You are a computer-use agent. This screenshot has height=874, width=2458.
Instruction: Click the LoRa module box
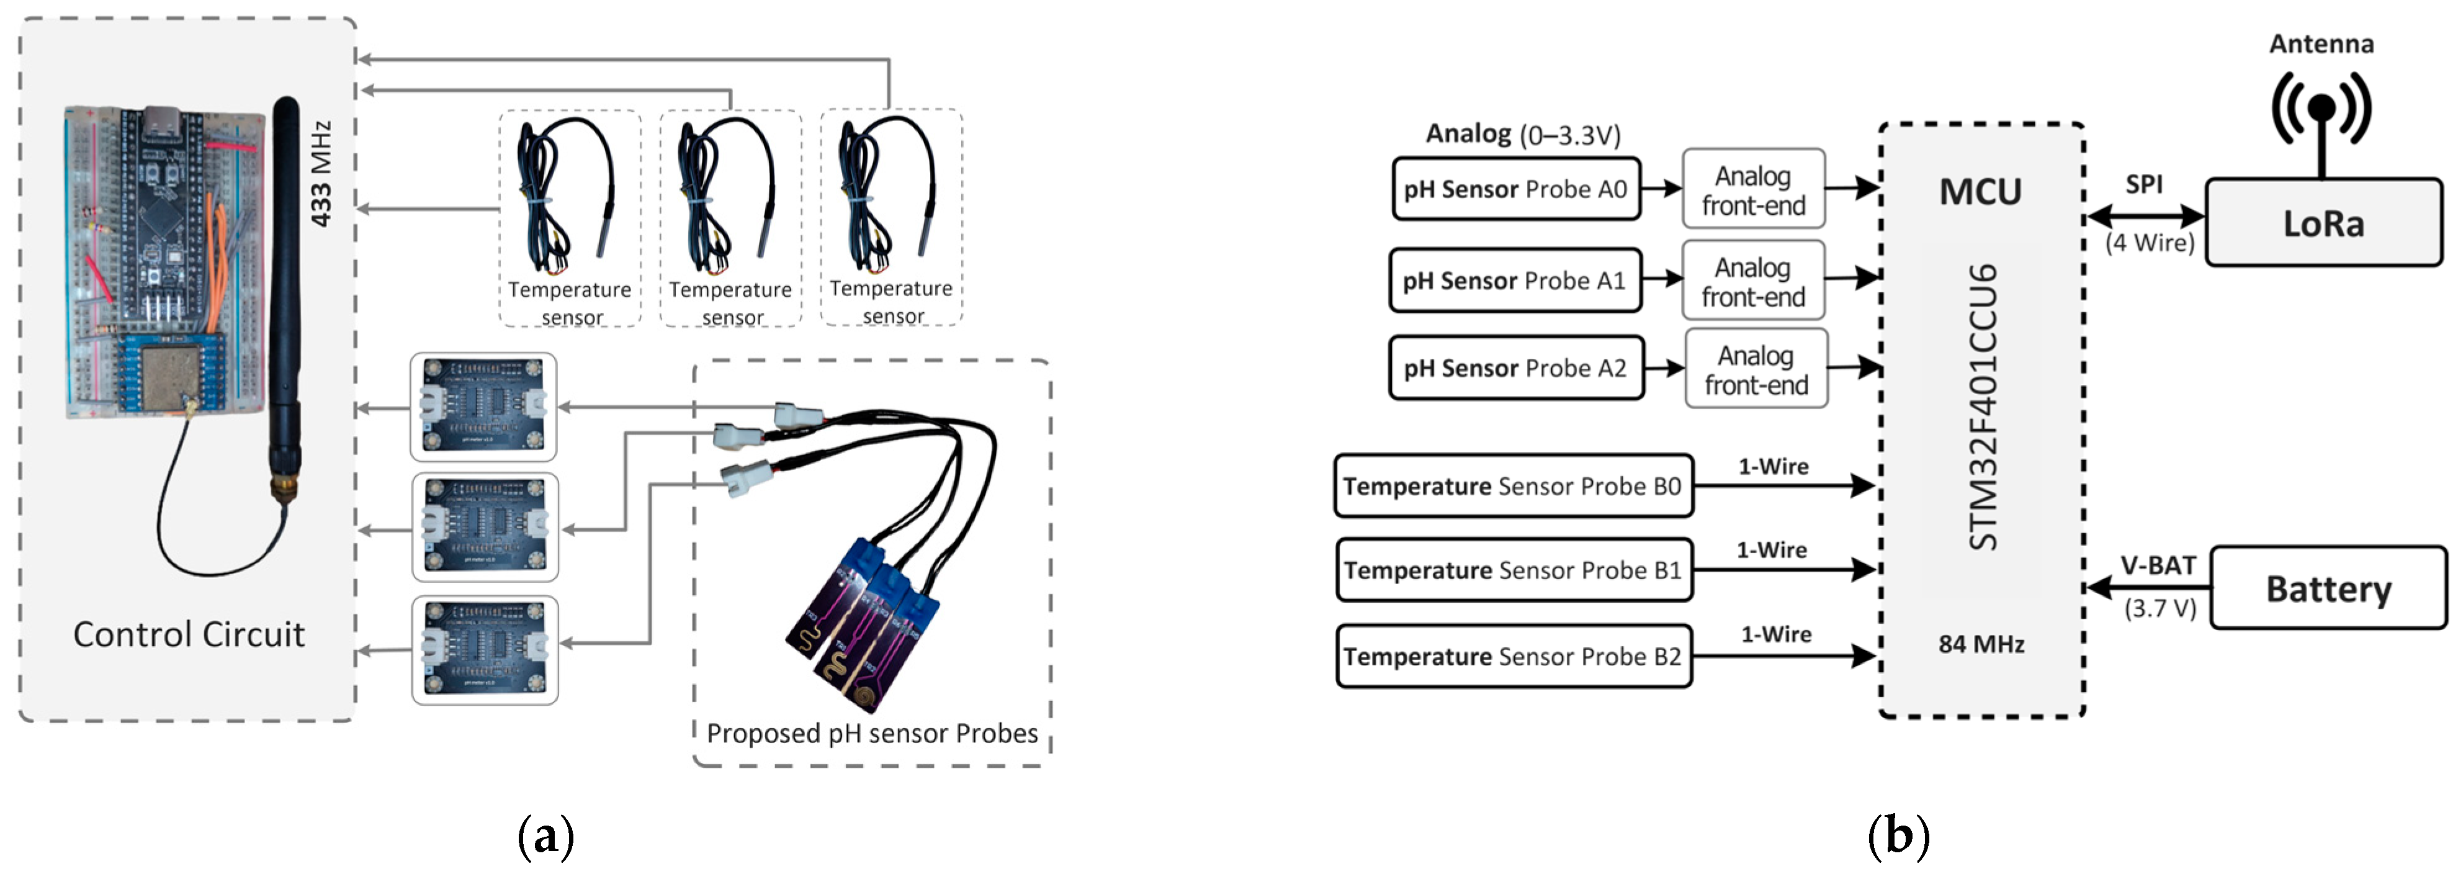click(2323, 222)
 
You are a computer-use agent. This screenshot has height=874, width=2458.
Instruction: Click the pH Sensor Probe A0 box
click(1515, 189)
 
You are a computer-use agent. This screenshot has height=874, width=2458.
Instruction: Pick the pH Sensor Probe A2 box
click(1515, 368)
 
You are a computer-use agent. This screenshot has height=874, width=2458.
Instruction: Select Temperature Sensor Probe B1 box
click(1514, 570)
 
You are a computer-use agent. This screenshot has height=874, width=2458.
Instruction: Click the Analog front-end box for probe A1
click(1753, 281)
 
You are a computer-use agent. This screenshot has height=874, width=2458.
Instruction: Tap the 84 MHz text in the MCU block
click(1981, 644)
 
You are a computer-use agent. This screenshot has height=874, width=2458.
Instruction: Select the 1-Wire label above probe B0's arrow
click(1773, 467)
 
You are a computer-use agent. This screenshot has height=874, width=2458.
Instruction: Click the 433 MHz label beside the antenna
click(321, 173)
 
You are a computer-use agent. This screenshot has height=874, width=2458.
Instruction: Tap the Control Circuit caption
click(189, 634)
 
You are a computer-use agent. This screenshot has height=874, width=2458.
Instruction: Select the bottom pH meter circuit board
click(485, 650)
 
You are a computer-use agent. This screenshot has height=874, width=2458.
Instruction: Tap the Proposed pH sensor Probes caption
click(871, 733)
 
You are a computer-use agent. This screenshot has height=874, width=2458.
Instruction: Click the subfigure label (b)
click(1897, 836)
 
